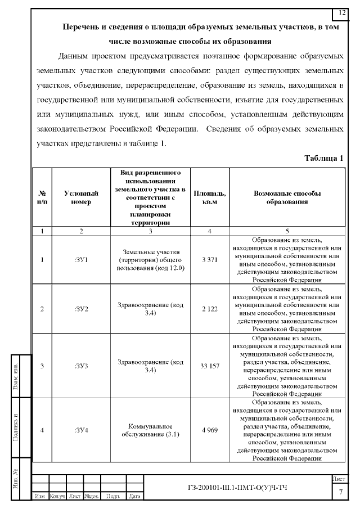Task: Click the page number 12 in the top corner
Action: tap(342, 12)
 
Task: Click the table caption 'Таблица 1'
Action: tap(323, 157)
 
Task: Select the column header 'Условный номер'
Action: tap(81, 197)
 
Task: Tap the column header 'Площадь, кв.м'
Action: tap(209, 197)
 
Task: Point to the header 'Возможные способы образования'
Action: tap(287, 197)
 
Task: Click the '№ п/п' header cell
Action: tap(42, 197)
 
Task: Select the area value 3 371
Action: tap(209, 260)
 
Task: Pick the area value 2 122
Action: tap(209, 309)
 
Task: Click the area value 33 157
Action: tap(209, 366)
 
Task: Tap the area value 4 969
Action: tap(209, 430)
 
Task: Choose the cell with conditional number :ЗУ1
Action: tap(81, 260)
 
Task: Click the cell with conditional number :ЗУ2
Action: tap(81, 309)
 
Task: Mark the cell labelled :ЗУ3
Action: tap(81, 366)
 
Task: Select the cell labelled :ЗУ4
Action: tap(81, 430)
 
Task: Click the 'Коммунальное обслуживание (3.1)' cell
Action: tap(150, 430)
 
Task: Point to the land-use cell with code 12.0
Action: tap(150, 260)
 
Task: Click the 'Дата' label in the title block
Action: tap(134, 496)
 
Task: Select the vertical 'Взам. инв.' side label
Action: tap(16, 377)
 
